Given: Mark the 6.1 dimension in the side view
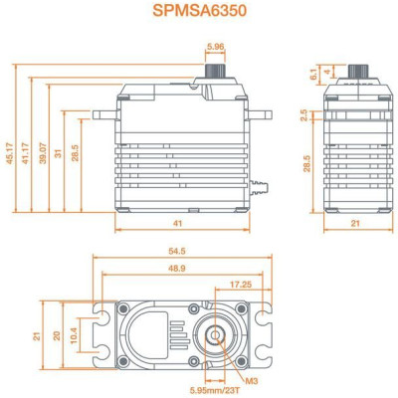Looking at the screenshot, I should point(314,75).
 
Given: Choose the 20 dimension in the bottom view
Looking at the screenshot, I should point(58,335).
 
